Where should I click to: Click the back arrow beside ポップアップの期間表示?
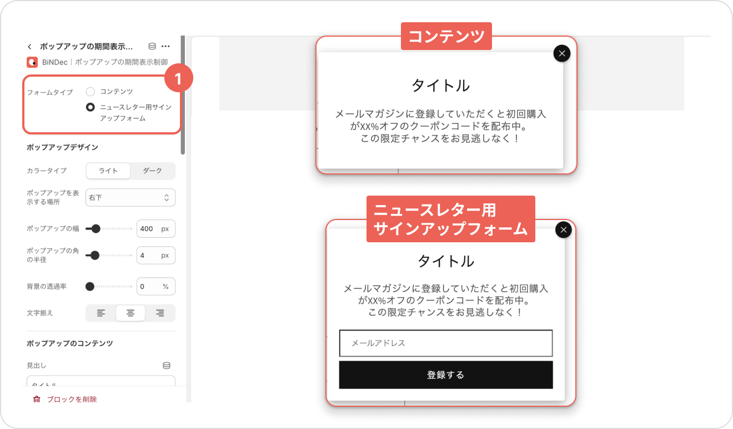tap(30, 47)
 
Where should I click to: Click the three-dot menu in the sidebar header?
tap(165, 46)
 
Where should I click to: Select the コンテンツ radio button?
tap(91, 91)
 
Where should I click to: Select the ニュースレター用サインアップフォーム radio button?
tap(91, 107)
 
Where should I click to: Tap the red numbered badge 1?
tap(178, 78)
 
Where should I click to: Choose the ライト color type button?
tap(108, 171)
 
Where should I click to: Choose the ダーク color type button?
tap(153, 171)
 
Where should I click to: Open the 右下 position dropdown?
tap(130, 197)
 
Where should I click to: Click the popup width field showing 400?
tap(155, 228)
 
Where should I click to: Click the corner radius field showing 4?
tap(155, 256)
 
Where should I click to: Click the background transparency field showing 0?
tap(155, 287)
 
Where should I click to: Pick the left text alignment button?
tap(101, 313)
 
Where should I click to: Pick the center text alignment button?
tap(130, 313)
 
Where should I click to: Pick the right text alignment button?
tap(160, 313)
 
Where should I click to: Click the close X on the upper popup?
tap(562, 53)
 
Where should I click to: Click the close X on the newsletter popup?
tap(564, 230)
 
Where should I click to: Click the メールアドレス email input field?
tap(446, 343)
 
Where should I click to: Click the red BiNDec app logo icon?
tap(32, 62)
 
